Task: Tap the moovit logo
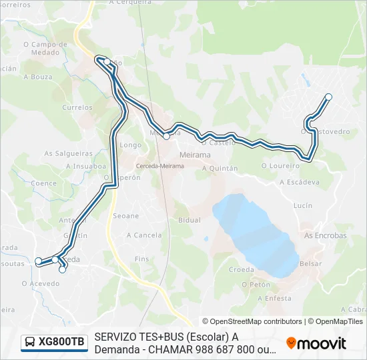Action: coord(316,343)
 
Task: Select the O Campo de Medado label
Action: coord(45,49)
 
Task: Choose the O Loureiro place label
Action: coord(278,165)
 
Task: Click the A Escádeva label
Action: coord(300,181)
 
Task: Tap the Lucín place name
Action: coord(302,205)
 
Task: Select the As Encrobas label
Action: coord(325,235)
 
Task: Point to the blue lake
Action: coord(257,233)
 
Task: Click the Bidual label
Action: coord(190,219)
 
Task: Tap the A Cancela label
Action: coord(143,235)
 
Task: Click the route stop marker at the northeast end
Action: coord(328,97)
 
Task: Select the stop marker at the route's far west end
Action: coord(38,261)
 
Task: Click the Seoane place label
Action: coord(126,216)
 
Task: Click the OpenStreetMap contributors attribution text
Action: coord(252,321)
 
